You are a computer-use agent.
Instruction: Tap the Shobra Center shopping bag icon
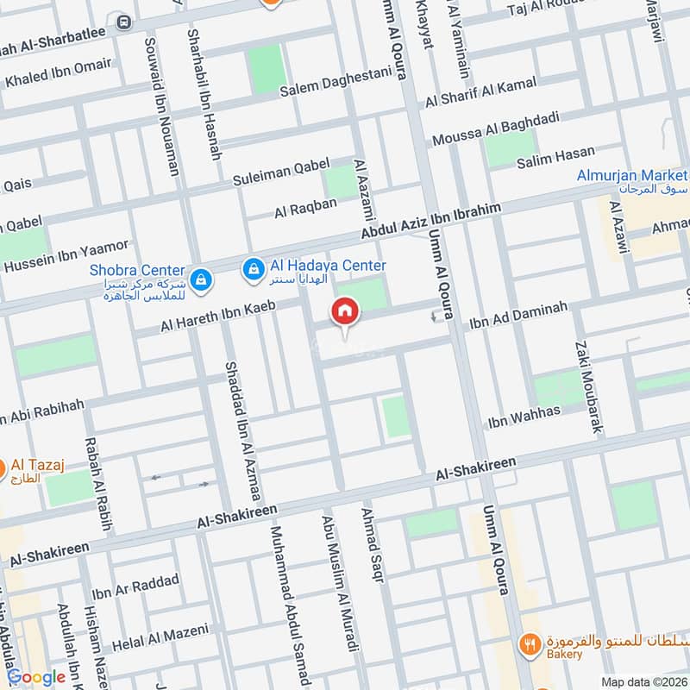(x=200, y=279)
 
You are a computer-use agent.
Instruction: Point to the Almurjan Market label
(x=631, y=176)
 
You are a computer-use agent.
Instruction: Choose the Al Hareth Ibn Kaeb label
(x=217, y=316)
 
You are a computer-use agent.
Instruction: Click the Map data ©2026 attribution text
(x=643, y=681)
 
